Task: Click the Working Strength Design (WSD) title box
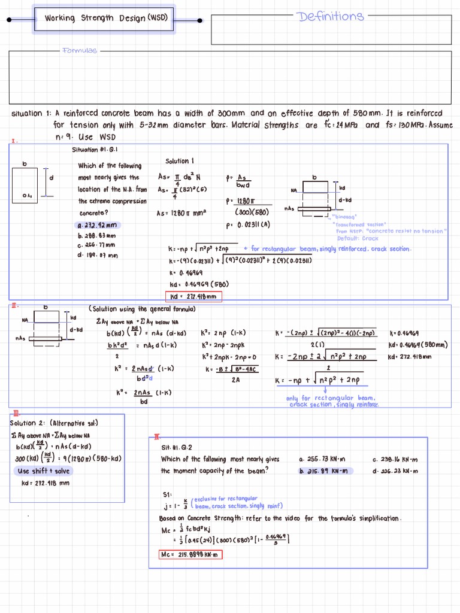click(x=105, y=18)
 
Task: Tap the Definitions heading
click(x=330, y=16)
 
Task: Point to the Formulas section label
click(x=79, y=51)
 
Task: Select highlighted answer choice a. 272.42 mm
click(x=99, y=225)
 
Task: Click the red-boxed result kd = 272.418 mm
click(x=193, y=296)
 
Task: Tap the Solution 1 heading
click(x=180, y=161)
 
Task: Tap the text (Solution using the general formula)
click(x=143, y=309)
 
